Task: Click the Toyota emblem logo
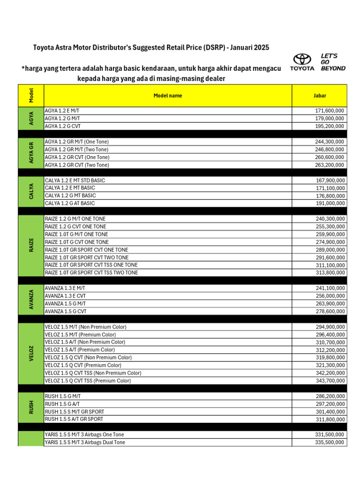[x=302, y=59]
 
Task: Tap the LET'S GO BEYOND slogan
[x=333, y=62]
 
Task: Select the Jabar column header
[x=320, y=96]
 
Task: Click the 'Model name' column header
[x=168, y=96]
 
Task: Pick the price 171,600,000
[x=330, y=111]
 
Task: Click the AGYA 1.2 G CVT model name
[x=66, y=126]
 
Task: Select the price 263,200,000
[x=330, y=165]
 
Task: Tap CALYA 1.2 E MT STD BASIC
[x=75, y=180]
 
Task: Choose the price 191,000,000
[x=330, y=203]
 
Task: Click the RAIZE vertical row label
[x=31, y=246]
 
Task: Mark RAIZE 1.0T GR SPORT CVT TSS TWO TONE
[x=91, y=273]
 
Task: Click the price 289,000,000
[x=330, y=250]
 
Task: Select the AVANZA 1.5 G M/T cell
[x=66, y=304]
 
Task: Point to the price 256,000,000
[x=330, y=296]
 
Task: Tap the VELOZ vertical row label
[x=31, y=354]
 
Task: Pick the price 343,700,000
[x=330, y=381]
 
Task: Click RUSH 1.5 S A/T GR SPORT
[x=74, y=419]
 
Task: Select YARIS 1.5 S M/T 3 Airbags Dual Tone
[x=85, y=442]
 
